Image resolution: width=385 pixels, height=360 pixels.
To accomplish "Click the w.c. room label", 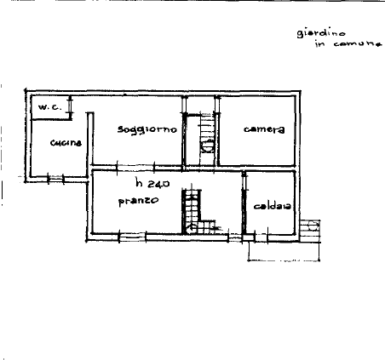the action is tap(50, 107).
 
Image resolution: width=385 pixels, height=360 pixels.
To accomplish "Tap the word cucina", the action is tap(66, 142).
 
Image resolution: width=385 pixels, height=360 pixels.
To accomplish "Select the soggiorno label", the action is tap(147, 129).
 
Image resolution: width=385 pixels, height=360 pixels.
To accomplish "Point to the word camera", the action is tap(264, 129).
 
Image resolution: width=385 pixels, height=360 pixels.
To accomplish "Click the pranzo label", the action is tap(138, 201).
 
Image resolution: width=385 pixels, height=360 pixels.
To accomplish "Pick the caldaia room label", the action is tap(272, 206).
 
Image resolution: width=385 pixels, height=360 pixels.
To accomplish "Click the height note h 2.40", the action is tap(152, 183).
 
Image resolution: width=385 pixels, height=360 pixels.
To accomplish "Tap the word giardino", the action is tap(321, 33).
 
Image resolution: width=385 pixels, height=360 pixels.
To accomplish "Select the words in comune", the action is tap(348, 43).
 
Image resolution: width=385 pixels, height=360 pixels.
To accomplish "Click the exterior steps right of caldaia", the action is tap(310, 231).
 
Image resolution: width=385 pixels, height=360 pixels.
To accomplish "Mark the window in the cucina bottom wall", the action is tap(56, 180).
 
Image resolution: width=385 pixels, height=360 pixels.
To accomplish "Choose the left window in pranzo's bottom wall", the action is tap(132, 237).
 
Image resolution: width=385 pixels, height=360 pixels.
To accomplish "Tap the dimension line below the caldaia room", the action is tap(284, 260).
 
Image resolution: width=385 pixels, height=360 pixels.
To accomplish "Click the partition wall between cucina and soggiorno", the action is tap(90, 145).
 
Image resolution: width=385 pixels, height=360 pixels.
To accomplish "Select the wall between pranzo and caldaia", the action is tap(244, 203).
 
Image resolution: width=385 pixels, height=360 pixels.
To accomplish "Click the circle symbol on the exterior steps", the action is tap(313, 226).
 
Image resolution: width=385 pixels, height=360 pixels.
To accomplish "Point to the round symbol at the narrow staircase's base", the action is tap(207, 147).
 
